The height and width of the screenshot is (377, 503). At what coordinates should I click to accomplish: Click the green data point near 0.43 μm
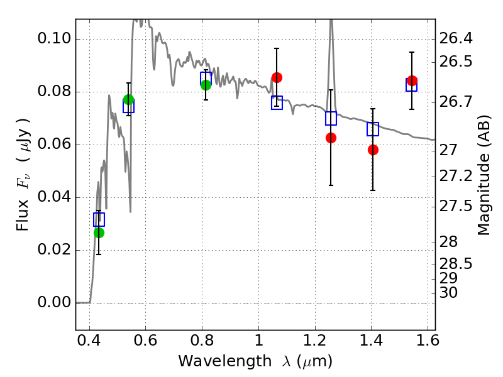coord(99,232)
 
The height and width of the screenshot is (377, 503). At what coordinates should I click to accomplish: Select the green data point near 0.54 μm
coord(129,99)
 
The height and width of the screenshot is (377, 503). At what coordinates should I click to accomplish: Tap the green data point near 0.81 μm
coord(206,85)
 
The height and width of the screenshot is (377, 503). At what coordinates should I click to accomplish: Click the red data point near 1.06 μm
coord(277,77)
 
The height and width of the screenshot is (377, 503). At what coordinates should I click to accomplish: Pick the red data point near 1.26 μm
coord(331,138)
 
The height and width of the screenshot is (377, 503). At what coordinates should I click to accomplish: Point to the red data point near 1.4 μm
coord(373,150)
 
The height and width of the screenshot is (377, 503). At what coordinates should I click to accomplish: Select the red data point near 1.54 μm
coord(412,80)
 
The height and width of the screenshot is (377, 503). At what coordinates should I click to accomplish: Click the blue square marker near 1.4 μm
coord(373,129)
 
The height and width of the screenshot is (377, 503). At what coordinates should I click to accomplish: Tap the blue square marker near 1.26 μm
coord(331,118)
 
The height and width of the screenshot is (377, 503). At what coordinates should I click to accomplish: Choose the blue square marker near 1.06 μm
coord(277,103)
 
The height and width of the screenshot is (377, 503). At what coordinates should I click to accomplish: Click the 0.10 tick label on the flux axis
coord(53,39)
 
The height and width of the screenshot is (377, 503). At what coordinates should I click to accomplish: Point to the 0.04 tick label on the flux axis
coord(53,197)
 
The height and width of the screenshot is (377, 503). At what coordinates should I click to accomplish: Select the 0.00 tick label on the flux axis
coord(53,303)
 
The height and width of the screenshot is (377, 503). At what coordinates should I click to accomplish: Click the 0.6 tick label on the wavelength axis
coord(145,342)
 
